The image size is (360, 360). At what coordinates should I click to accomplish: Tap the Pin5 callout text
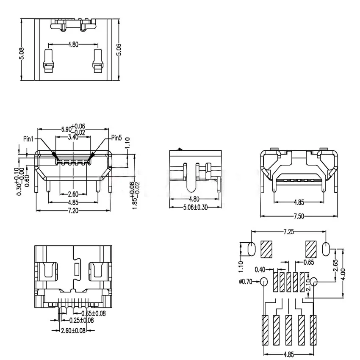116,138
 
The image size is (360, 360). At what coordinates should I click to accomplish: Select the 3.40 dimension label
73,137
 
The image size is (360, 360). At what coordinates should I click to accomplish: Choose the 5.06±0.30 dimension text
195,208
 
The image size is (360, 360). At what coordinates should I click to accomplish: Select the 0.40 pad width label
260,269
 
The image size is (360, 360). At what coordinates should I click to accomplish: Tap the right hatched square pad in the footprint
311,249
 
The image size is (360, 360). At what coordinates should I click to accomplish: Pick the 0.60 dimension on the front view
27,180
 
